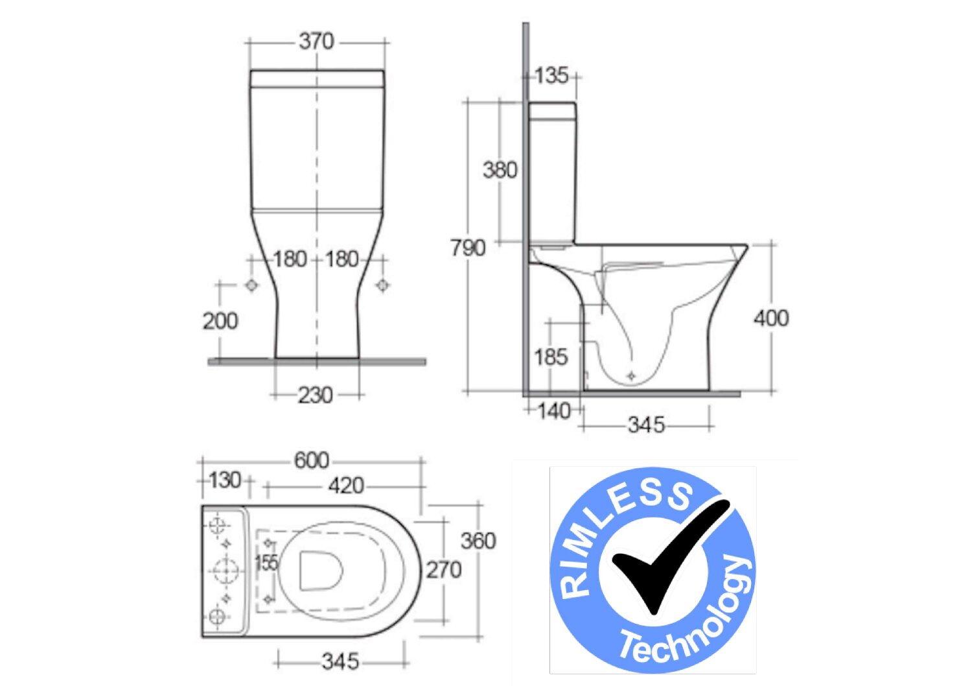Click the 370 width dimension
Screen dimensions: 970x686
pos(317,41)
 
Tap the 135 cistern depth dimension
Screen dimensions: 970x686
pos(551,75)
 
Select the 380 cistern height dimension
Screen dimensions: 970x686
pos(500,170)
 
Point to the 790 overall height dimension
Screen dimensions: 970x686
pos(468,248)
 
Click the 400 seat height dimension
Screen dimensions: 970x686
pos(771,318)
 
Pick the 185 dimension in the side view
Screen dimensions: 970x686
pos(550,357)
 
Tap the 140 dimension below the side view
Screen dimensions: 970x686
pos(554,411)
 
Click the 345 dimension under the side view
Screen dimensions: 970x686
pos(646,425)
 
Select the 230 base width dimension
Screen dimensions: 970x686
pos(316,396)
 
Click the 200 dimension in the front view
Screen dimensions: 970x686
pos(220,321)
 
